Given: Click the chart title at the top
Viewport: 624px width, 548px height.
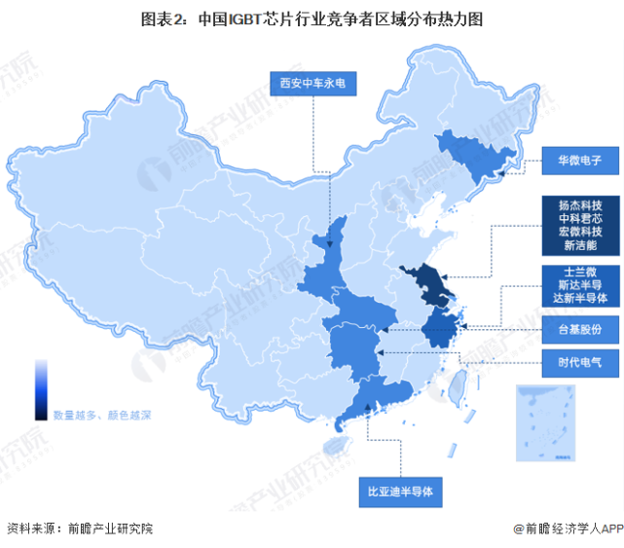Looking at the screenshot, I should (312, 18).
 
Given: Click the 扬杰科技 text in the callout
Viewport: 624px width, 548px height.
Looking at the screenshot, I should (580, 204).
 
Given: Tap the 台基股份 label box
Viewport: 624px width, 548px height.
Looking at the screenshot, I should (581, 331).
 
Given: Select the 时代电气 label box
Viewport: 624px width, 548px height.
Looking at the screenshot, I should (581, 363).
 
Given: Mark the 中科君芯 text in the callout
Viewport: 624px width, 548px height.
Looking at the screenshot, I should (580, 219).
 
